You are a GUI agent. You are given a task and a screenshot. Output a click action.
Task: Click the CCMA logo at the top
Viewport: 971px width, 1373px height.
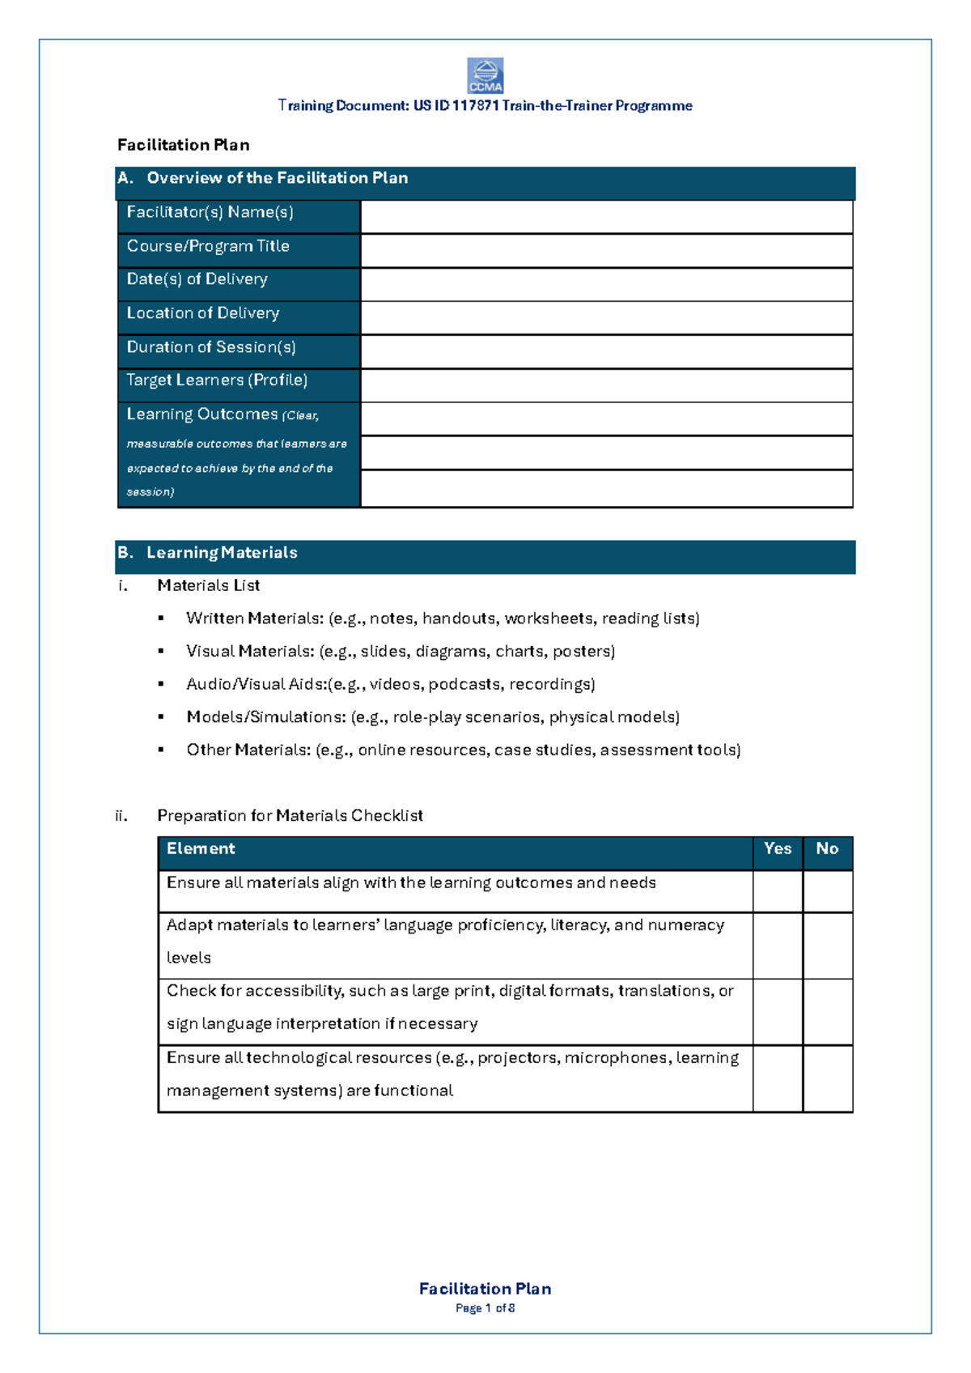click(485, 75)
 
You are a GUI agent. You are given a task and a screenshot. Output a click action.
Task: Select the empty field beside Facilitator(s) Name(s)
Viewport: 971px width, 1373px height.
click(606, 217)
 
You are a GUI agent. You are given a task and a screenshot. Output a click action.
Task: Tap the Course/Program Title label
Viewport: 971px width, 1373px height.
click(208, 246)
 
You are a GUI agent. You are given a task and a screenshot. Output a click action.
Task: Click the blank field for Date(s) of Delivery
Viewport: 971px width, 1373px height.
click(606, 285)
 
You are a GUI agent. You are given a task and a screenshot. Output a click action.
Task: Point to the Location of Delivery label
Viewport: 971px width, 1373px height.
click(203, 313)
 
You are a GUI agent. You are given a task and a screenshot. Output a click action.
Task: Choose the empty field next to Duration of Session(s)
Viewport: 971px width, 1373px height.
click(606, 352)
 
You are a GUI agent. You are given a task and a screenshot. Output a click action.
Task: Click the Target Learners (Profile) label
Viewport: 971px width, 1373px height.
click(217, 380)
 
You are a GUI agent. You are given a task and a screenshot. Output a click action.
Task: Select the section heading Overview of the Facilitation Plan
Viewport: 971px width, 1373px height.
click(277, 178)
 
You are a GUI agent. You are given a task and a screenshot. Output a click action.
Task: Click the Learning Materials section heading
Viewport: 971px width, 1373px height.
click(222, 553)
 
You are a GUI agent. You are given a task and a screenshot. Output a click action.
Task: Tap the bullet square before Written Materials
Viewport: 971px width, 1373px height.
click(161, 618)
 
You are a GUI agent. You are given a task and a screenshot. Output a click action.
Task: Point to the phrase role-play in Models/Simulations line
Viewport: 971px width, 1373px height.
click(428, 717)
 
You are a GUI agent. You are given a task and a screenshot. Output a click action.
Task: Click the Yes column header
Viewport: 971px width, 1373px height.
click(778, 849)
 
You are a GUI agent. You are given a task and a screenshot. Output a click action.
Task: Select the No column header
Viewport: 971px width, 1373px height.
click(827, 849)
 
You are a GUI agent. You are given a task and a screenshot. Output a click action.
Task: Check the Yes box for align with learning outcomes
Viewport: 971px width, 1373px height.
click(778, 891)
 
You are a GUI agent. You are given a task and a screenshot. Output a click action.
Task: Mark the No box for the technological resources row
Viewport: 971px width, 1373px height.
click(828, 1078)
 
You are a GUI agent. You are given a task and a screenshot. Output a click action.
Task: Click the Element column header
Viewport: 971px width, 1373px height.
click(201, 849)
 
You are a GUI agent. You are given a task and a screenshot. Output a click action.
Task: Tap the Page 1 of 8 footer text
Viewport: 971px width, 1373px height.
click(485, 1308)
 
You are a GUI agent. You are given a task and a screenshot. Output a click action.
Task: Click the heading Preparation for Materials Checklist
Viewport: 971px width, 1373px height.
click(290, 816)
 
